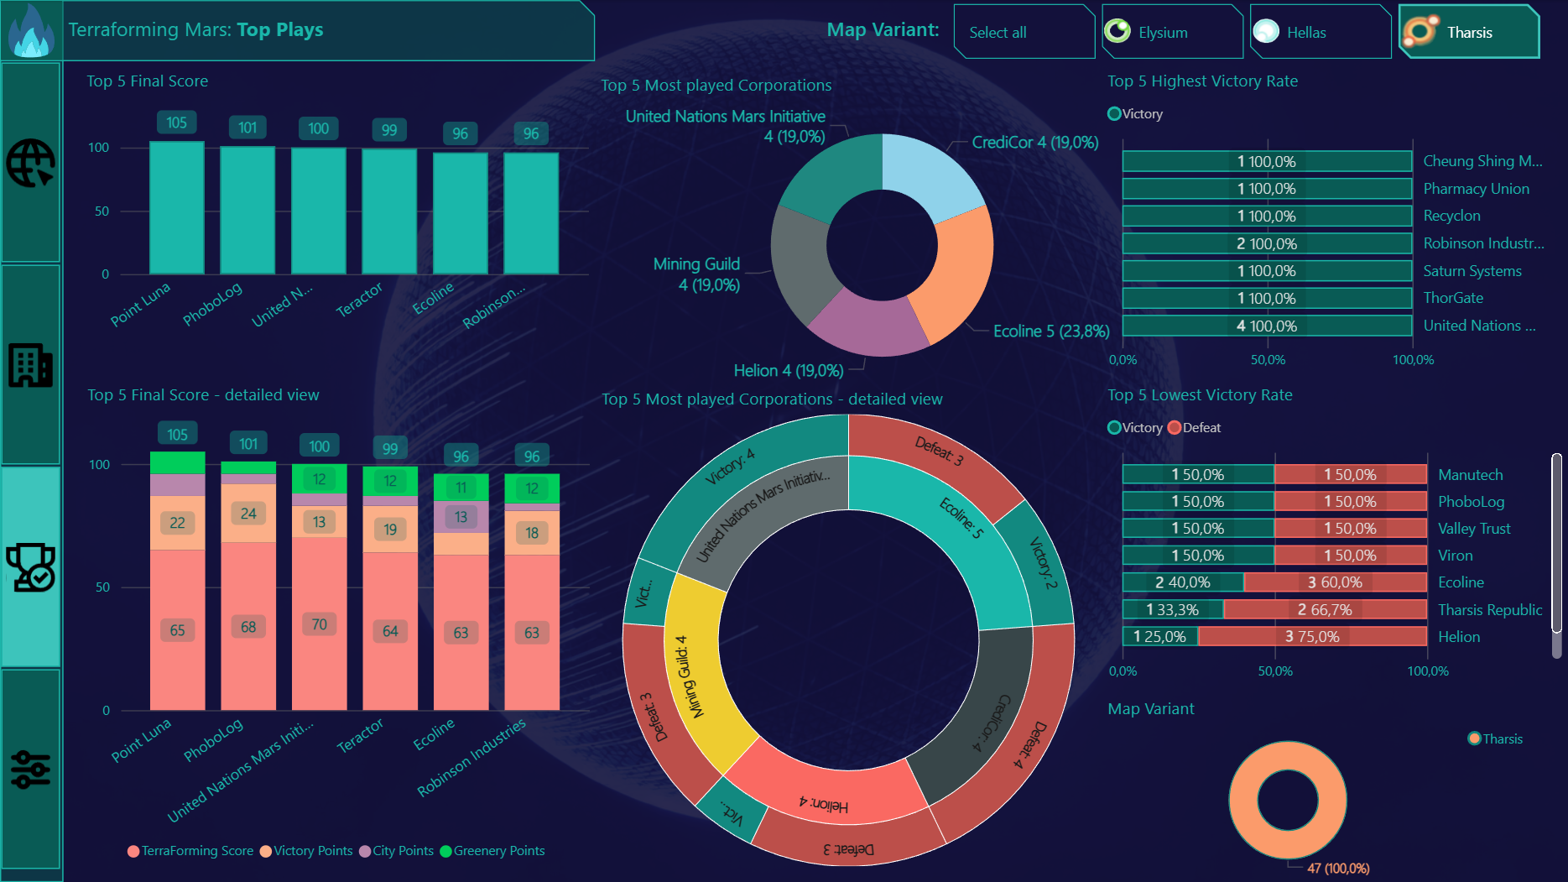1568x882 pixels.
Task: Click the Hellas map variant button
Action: click(x=1320, y=32)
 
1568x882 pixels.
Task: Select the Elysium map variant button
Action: click(x=1172, y=32)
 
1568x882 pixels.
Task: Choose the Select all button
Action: click(x=1024, y=32)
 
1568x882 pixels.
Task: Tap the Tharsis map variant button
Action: click(x=1469, y=32)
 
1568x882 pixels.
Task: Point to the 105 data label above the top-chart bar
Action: click(x=176, y=123)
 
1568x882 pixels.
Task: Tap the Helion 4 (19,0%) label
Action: click(x=788, y=370)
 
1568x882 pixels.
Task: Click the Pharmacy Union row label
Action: click(x=1476, y=189)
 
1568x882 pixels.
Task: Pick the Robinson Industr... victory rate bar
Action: click(x=1267, y=243)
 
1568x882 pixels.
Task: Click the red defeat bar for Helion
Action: click(x=1312, y=636)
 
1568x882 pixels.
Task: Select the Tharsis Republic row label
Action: click(x=1490, y=609)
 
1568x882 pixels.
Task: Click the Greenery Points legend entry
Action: click(x=498, y=851)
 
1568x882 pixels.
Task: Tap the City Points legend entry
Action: click(x=403, y=851)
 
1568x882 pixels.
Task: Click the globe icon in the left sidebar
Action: click(x=31, y=162)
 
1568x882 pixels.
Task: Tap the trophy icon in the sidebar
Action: click(x=31, y=567)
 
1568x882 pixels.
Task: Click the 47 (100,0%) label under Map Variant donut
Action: click(x=1338, y=869)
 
